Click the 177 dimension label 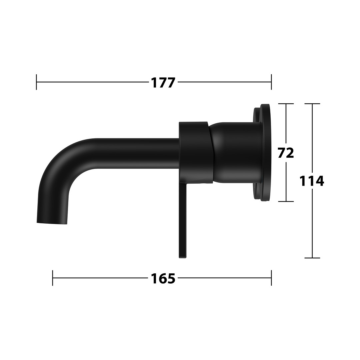click(x=163, y=83)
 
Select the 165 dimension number click(x=163, y=278)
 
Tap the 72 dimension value click(x=286, y=153)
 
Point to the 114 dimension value click(x=312, y=181)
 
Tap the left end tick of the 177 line click(x=36, y=82)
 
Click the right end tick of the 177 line click(x=271, y=82)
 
